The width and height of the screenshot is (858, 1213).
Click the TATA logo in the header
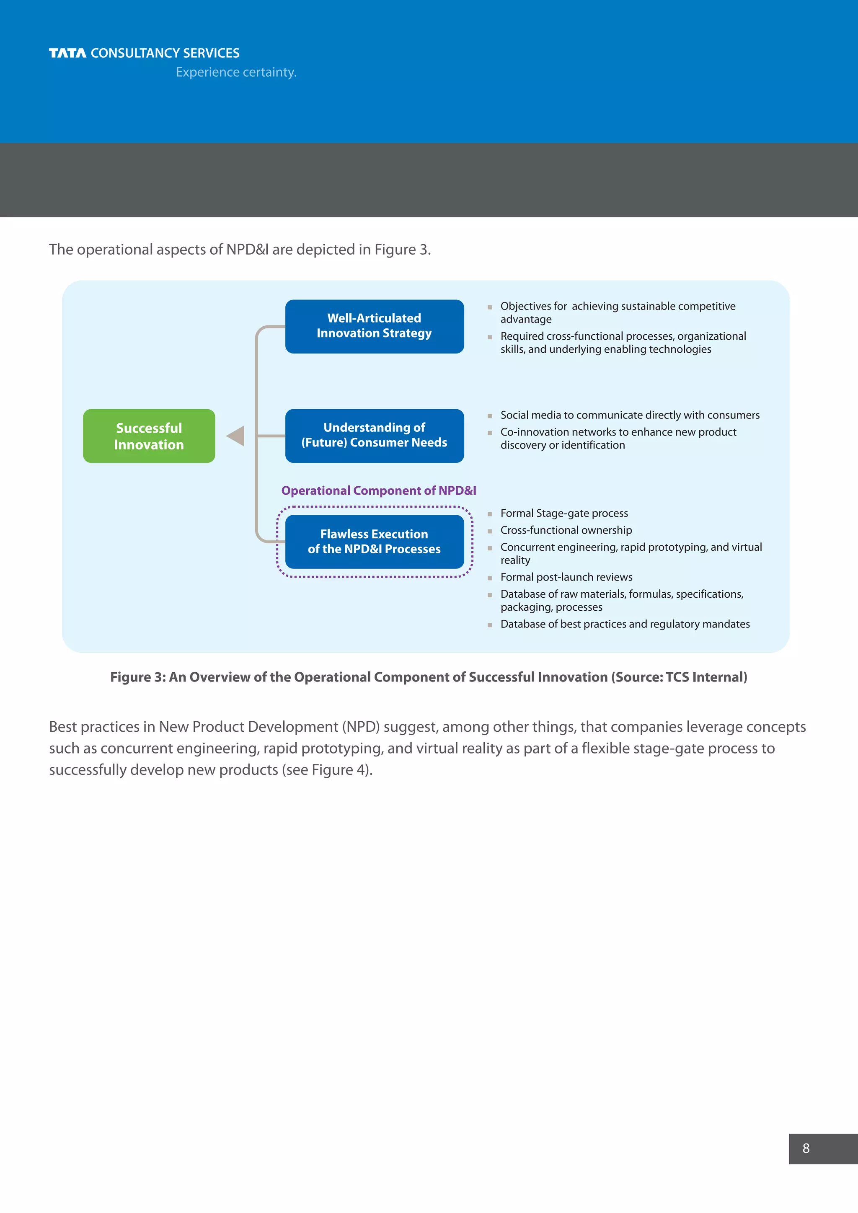[67, 53]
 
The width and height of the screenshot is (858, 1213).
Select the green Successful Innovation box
[149, 436]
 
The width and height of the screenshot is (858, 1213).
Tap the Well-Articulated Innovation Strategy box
[374, 326]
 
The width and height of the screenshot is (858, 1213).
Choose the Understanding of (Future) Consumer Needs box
[374, 435]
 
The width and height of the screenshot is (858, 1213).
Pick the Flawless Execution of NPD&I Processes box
[374, 542]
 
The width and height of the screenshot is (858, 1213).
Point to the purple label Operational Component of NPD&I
[378, 490]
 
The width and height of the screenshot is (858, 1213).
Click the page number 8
[806, 1148]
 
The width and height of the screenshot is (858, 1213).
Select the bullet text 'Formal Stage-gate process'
[564, 513]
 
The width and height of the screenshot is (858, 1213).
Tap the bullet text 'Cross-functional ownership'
[566, 530]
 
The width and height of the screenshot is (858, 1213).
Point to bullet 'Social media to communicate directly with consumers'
[630, 415]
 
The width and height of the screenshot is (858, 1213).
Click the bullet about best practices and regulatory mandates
[625, 624]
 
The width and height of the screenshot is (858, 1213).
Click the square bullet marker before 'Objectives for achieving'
[490, 307]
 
